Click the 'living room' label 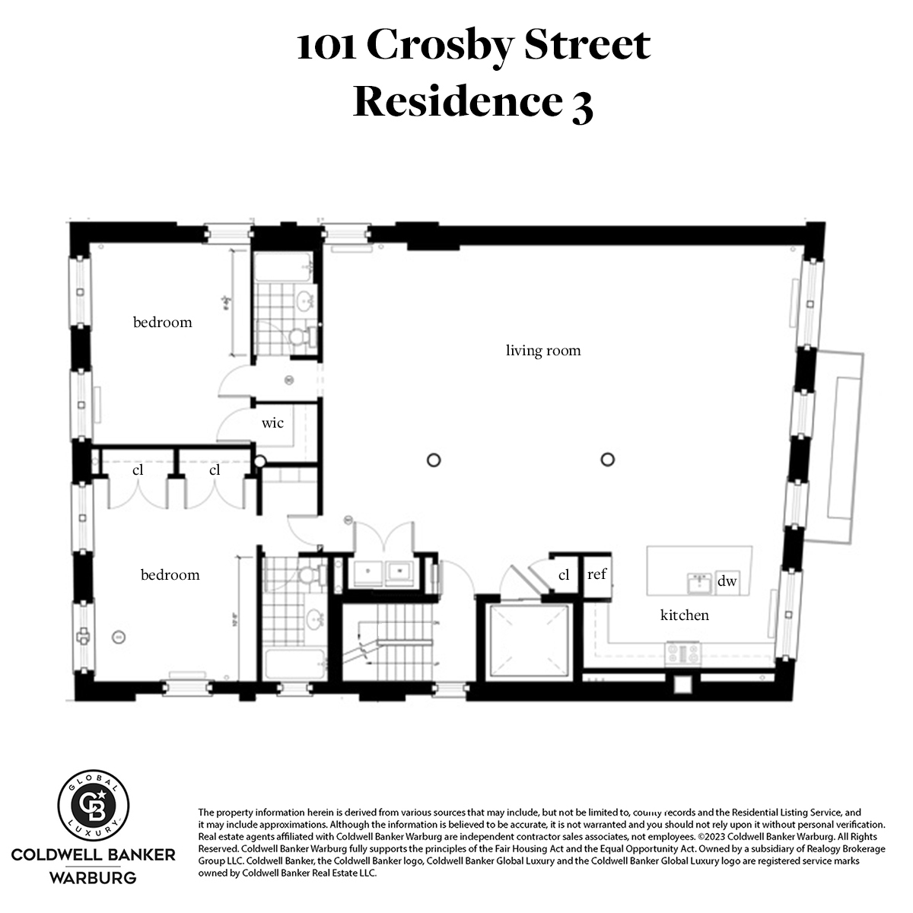pyautogui.click(x=543, y=351)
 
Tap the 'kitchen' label pyautogui.click(x=684, y=616)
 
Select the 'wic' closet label pyautogui.click(x=272, y=423)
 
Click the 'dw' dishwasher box pyautogui.click(x=727, y=582)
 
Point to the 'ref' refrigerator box pyautogui.click(x=597, y=575)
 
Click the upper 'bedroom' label pyautogui.click(x=162, y=323)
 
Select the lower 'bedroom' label pyautogui.click(x=170, y=575)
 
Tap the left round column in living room pyautogui.click(x=434, y=460)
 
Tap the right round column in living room pyautogui.click(x=606, y=460)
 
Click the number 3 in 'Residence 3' pyautogui.click(x=581, y=104)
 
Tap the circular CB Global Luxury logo pyautogui.click(x=94, y=809)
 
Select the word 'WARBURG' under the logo pyautogui.click(x=94, y=878)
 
